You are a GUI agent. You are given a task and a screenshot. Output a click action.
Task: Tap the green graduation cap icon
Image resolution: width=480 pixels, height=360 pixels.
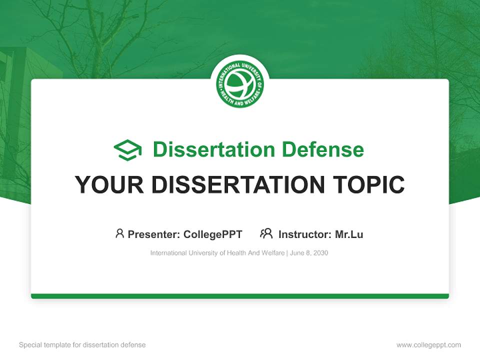click(x=128, y=149)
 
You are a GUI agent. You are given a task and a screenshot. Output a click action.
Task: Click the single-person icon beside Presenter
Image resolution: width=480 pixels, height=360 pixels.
click(x=119, y=233)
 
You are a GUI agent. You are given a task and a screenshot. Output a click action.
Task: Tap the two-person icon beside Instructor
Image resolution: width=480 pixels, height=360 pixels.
click(x=266, y=233)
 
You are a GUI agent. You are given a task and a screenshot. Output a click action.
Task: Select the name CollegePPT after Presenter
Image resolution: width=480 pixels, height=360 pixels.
click(x=213, y=234)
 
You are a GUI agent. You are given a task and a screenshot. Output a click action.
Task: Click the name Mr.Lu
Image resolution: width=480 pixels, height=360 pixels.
click(x=349, y=234)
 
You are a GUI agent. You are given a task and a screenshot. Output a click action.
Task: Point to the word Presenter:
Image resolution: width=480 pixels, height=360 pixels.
click(x=154, y=234)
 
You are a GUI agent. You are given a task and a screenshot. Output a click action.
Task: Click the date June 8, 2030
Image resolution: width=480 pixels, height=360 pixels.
click(x=309, y=253)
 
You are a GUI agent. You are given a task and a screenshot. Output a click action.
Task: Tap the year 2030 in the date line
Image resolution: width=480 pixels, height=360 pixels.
click(x=320, y=253)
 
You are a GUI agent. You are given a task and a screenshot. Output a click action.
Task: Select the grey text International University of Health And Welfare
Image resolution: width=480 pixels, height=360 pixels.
click(x=217, y=253)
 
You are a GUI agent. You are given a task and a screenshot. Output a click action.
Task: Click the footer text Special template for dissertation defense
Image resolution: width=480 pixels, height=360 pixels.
click(x=82, y=345)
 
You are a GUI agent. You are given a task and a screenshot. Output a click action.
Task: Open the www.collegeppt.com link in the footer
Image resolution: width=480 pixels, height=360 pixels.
click(x=428, y=345)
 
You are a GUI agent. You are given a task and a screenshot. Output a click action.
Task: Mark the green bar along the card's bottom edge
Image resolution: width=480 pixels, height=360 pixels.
click(x=240, y=296)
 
